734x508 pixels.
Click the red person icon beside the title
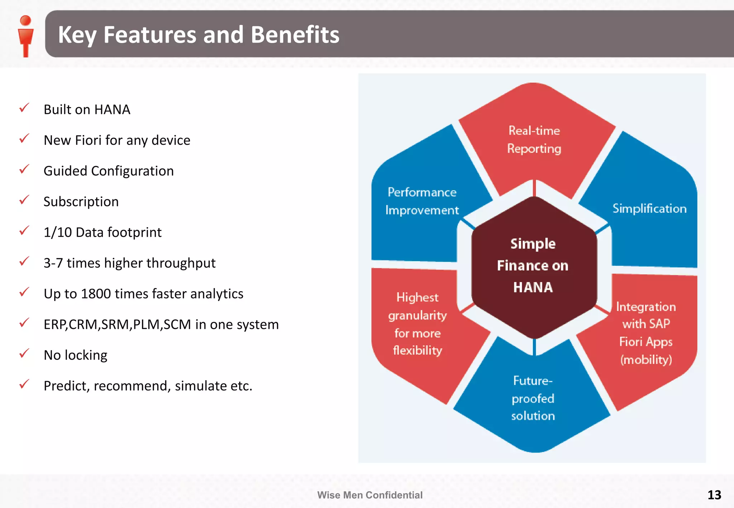click(x=25, y=36)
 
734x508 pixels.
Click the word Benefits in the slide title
click(x=295, y=35)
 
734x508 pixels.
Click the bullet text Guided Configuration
click(x=109, y=171)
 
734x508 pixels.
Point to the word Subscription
click(x=81, y=202)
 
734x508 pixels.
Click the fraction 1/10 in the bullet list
click(x=57, y=232)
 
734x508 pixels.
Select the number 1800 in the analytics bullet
click(x=96, y=294)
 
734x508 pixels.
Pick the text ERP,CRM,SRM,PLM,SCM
click(x=117, y=325)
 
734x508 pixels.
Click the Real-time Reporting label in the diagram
click(x=534, y=140)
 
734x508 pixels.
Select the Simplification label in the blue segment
click(x=649, y=209)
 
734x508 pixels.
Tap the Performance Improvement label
click(x=422, y=201)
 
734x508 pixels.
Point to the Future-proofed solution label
click(x=533, y=398)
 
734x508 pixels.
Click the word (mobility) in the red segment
click(x=646, y=360)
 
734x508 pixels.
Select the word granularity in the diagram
click(x=418, y=316)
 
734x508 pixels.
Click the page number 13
click(x=714, y=495)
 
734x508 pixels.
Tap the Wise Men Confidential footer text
click(x=370, y=495)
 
